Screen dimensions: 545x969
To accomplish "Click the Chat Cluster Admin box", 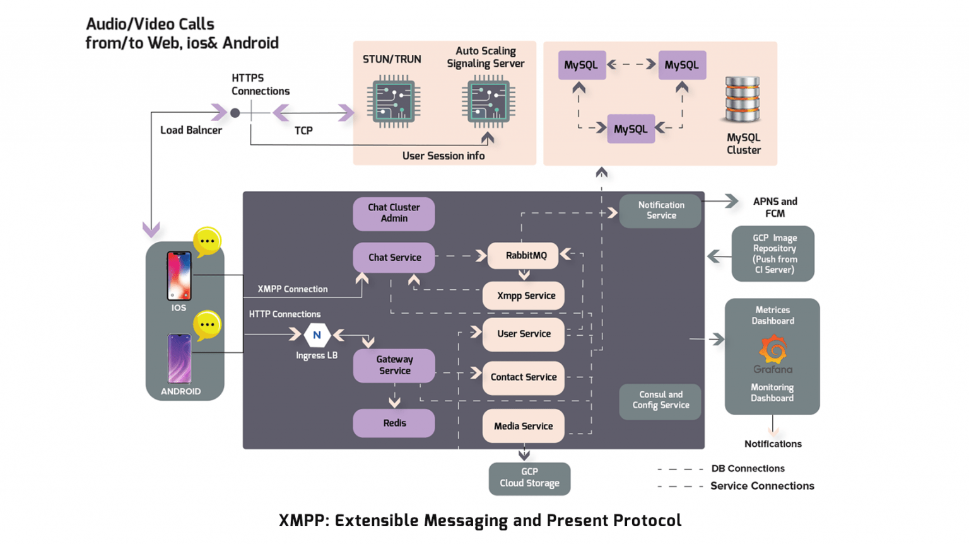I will coord(394,213).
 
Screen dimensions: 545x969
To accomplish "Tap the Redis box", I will coord(394,423).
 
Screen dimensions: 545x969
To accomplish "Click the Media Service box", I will coord(523,426).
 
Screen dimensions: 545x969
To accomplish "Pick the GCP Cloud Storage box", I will coord(529,478).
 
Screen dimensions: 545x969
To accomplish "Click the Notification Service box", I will coord(661,210).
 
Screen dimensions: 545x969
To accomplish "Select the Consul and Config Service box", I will coord(661,401).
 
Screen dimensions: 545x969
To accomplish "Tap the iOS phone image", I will coord(179,276).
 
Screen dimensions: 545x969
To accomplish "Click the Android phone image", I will coord(179,359).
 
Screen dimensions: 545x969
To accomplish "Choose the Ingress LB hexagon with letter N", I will coord(317,335).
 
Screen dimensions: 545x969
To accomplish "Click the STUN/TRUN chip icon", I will coord(394,101).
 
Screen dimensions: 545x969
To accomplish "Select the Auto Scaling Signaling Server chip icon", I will coord(488,101).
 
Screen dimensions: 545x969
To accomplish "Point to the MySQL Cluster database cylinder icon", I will coord(743,99).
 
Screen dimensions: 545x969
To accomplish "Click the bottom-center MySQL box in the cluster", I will coord(631,129).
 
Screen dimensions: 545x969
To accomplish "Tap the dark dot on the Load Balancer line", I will coord(235,113).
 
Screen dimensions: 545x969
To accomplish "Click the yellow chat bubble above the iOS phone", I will coord(207,241).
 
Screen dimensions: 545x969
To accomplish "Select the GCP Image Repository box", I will coord(773,254).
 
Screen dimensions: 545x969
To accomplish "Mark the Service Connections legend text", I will coord(762,486).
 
